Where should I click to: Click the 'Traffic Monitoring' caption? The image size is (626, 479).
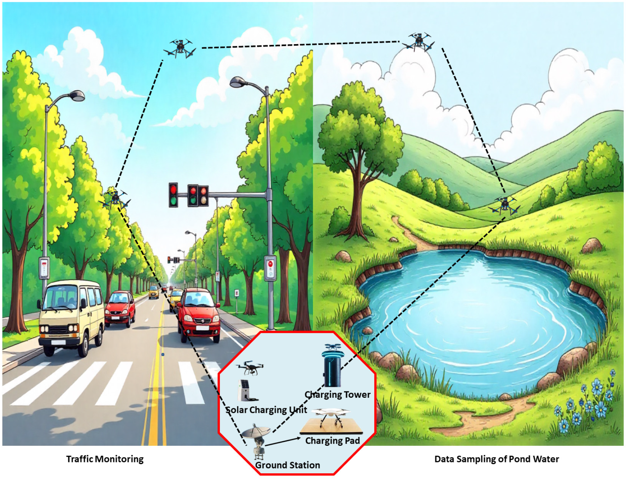(105, 459)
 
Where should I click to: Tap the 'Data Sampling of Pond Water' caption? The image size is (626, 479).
(496, 459)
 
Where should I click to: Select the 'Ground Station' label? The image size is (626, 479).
(287, 465)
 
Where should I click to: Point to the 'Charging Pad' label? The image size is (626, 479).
(332, 440)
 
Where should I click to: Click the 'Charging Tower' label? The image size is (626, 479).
(337, 394)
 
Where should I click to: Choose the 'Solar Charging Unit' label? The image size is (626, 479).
(266, 410)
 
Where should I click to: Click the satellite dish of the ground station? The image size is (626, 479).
(256, 432)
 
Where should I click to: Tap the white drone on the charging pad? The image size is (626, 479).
(331, 413)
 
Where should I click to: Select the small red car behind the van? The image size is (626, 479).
(120, 307)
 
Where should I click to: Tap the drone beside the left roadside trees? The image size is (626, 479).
(115, 199)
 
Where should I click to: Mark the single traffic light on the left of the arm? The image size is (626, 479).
(173, 195)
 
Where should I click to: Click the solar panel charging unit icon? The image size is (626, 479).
(245, 390)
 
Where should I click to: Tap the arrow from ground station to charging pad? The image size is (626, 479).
(283, 441)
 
